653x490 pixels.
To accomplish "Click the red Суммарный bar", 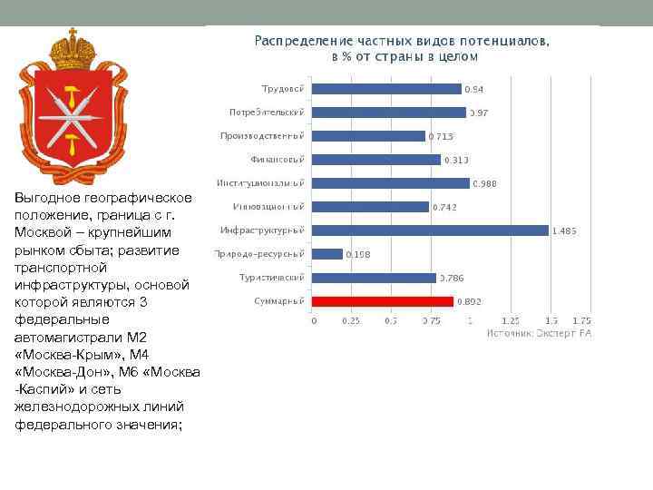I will [383, 301].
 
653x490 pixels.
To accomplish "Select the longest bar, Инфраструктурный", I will [431, 230].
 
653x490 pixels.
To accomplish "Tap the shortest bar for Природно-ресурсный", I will [327, 254].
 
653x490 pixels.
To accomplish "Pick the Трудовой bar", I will [386, 89].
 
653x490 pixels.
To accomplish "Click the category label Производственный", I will [261, 135].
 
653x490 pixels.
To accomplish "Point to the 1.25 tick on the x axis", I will [511, 320].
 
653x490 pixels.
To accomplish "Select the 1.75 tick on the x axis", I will [581, 320].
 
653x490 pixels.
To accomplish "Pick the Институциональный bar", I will [391, 183].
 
